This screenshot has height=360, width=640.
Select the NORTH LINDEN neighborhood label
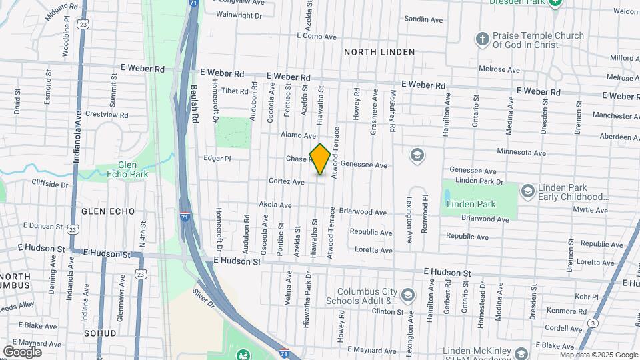(379, 52)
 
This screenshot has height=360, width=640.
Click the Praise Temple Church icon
(483, 39)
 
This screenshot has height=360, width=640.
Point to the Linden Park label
(468, 203)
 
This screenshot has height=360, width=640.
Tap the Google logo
(22, 351)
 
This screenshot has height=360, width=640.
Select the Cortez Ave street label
(287, 181)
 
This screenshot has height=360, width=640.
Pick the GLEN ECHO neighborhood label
(108, 211)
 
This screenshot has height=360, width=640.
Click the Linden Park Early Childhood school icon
(527, 191)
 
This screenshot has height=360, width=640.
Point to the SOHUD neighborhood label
(101, 333)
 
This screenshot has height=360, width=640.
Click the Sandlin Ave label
(423, 20)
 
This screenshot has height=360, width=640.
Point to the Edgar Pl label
(217, 159)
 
